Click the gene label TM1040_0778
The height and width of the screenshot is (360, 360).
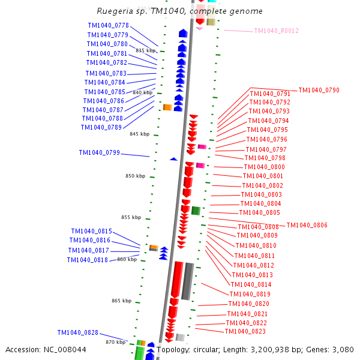(108, 25)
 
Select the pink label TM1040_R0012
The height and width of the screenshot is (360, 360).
(276, 31)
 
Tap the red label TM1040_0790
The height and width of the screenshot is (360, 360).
(319, 90)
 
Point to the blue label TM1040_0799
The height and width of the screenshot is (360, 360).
(99, 152)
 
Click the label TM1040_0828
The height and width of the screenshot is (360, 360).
(77, 332)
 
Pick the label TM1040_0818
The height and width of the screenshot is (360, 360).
(87, 260)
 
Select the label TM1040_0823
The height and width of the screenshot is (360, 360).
(245, 331)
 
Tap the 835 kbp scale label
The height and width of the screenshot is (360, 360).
(145, 50)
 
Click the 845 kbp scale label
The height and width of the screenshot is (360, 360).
(139, 134)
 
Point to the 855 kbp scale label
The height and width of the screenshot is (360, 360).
(131, 217)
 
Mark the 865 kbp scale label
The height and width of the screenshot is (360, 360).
(121, 301)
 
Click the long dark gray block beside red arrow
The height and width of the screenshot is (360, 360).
(188, 281)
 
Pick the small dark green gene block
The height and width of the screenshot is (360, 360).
(196, 211)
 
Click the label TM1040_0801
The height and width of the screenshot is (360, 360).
(263, 176)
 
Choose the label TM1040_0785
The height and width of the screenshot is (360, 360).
(105, 92)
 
